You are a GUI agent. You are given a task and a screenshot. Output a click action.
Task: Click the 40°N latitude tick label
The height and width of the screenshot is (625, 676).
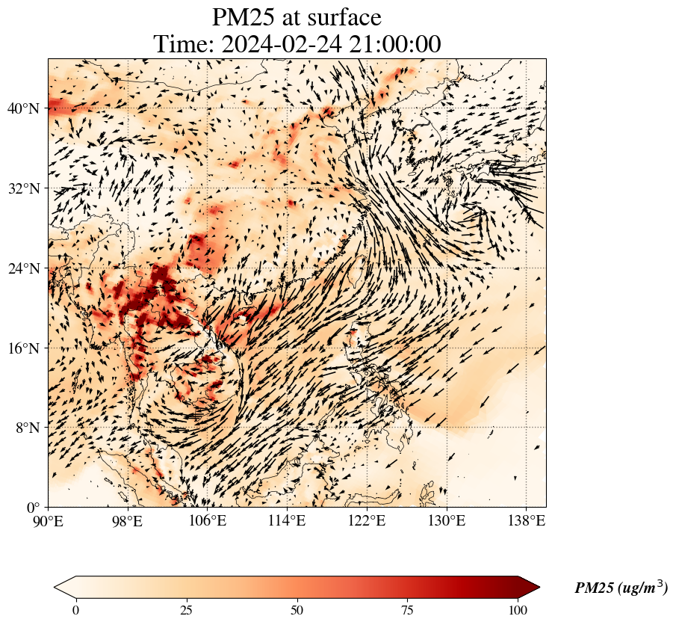(22, 108)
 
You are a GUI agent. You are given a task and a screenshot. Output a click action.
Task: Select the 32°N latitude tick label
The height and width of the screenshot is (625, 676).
(22, 188)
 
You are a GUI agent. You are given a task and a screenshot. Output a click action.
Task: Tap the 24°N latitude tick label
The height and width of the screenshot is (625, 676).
(22, 268)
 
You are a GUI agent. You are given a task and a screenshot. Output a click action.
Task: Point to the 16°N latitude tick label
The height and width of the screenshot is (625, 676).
(22, 348)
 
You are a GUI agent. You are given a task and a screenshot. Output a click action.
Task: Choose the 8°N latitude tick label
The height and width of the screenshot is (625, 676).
(26, 428)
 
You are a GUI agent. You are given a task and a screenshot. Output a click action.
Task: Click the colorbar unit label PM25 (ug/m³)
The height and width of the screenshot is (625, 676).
(621, 588)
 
